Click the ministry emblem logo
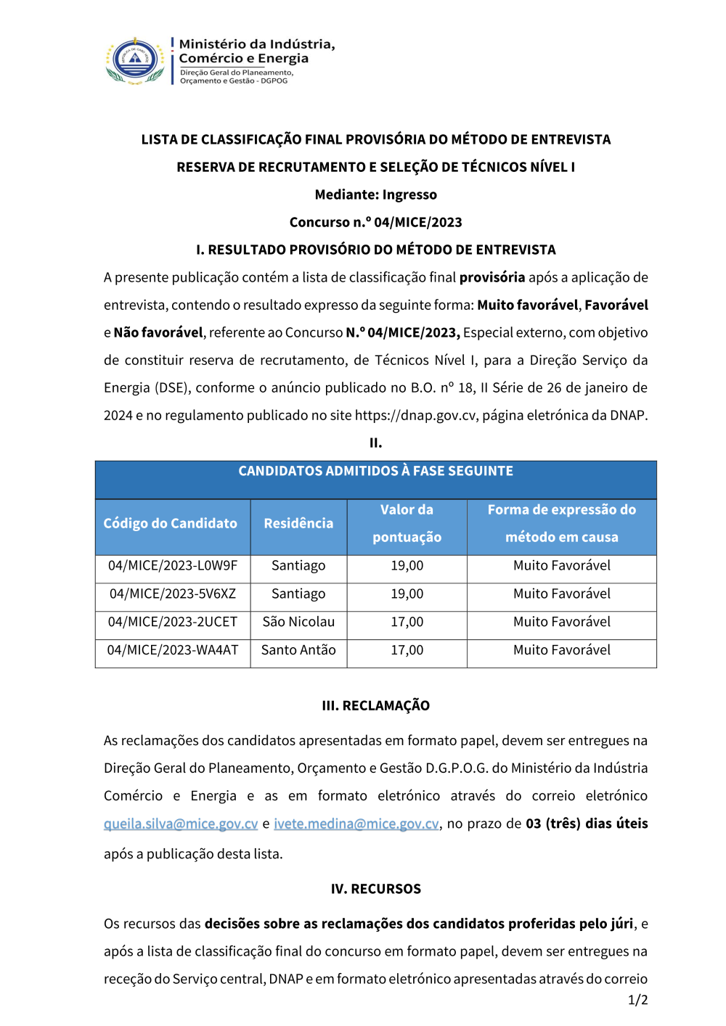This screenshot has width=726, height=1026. point(135,61)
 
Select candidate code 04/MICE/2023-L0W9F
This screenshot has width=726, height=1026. point(173,566)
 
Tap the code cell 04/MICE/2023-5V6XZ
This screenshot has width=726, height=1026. point(173,594)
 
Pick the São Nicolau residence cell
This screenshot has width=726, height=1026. point(298,623)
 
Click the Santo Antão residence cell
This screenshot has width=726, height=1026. point(298,651)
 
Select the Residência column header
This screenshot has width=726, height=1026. point(298,524)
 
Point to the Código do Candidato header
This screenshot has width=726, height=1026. point(171,524)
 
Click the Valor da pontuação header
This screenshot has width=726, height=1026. point(407,524)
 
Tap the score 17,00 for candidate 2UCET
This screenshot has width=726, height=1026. point(407,623)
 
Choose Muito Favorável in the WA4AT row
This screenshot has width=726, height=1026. point(561,651)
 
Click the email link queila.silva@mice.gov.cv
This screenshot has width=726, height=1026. point(181,824)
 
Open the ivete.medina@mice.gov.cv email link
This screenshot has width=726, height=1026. point(356,824)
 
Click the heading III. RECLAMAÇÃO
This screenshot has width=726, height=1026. point(375,706)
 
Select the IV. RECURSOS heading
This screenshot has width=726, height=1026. point(375,890)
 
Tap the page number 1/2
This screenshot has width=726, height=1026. point(637,1001)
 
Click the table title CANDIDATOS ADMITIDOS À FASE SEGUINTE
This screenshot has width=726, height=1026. point(375,472)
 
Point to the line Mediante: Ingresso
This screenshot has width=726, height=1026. point(375,195)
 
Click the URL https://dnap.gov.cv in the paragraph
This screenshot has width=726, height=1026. point(415,416)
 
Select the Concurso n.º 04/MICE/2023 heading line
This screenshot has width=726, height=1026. point(375,223)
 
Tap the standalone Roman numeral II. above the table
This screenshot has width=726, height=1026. point(375,443)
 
